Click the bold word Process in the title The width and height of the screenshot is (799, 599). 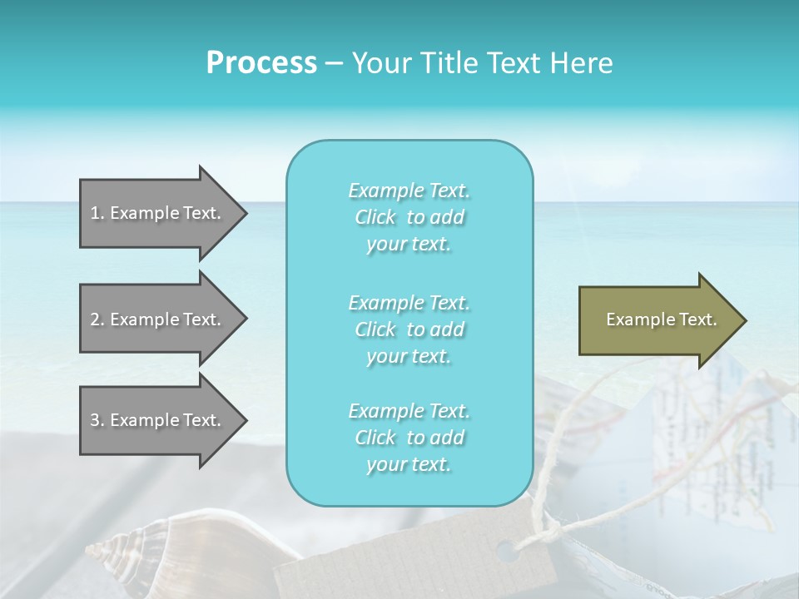(x=261, y=63)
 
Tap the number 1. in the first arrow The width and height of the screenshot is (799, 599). (x=97, y=213)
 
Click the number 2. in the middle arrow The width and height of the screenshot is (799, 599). (x=97, y=319)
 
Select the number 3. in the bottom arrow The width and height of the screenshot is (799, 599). (x=97, y=420)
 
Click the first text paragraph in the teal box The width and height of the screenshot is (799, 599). (x=409, y=217)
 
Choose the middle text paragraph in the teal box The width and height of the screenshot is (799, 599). (x=409, y=329)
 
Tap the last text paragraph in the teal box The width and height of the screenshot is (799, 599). (x=409, y=438)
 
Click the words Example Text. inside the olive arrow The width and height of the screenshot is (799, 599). (x=662, y=319)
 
